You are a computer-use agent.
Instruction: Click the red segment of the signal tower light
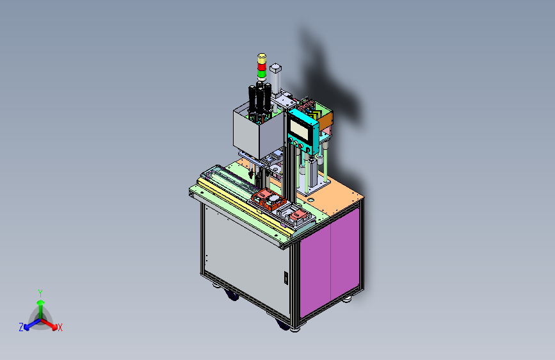pos(262,67)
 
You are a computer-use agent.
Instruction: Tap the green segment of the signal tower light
pos(262,74)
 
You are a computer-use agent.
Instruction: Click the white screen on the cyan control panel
pos(299,129)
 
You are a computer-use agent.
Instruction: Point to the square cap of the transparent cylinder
pos(275,67)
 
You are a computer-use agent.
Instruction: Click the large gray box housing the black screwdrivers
pos(259,132)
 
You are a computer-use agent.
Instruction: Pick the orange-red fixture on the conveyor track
pos(268,199)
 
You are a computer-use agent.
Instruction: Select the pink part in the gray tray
pos(298,214)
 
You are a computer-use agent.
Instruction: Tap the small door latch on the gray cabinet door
pos(286,278)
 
